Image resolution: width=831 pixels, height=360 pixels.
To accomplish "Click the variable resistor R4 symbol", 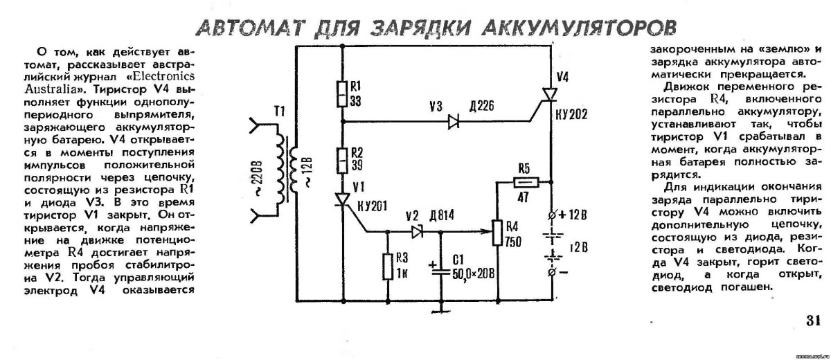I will (x=497, y=233).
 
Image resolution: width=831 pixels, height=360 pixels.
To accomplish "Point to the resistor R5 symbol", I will (x=524, y=182).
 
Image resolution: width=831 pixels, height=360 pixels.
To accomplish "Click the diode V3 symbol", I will (x=454, y=122).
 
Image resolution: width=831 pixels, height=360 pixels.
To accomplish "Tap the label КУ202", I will (x=571, y=114).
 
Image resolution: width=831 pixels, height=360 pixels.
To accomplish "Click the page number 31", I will (x=812, y=321).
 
